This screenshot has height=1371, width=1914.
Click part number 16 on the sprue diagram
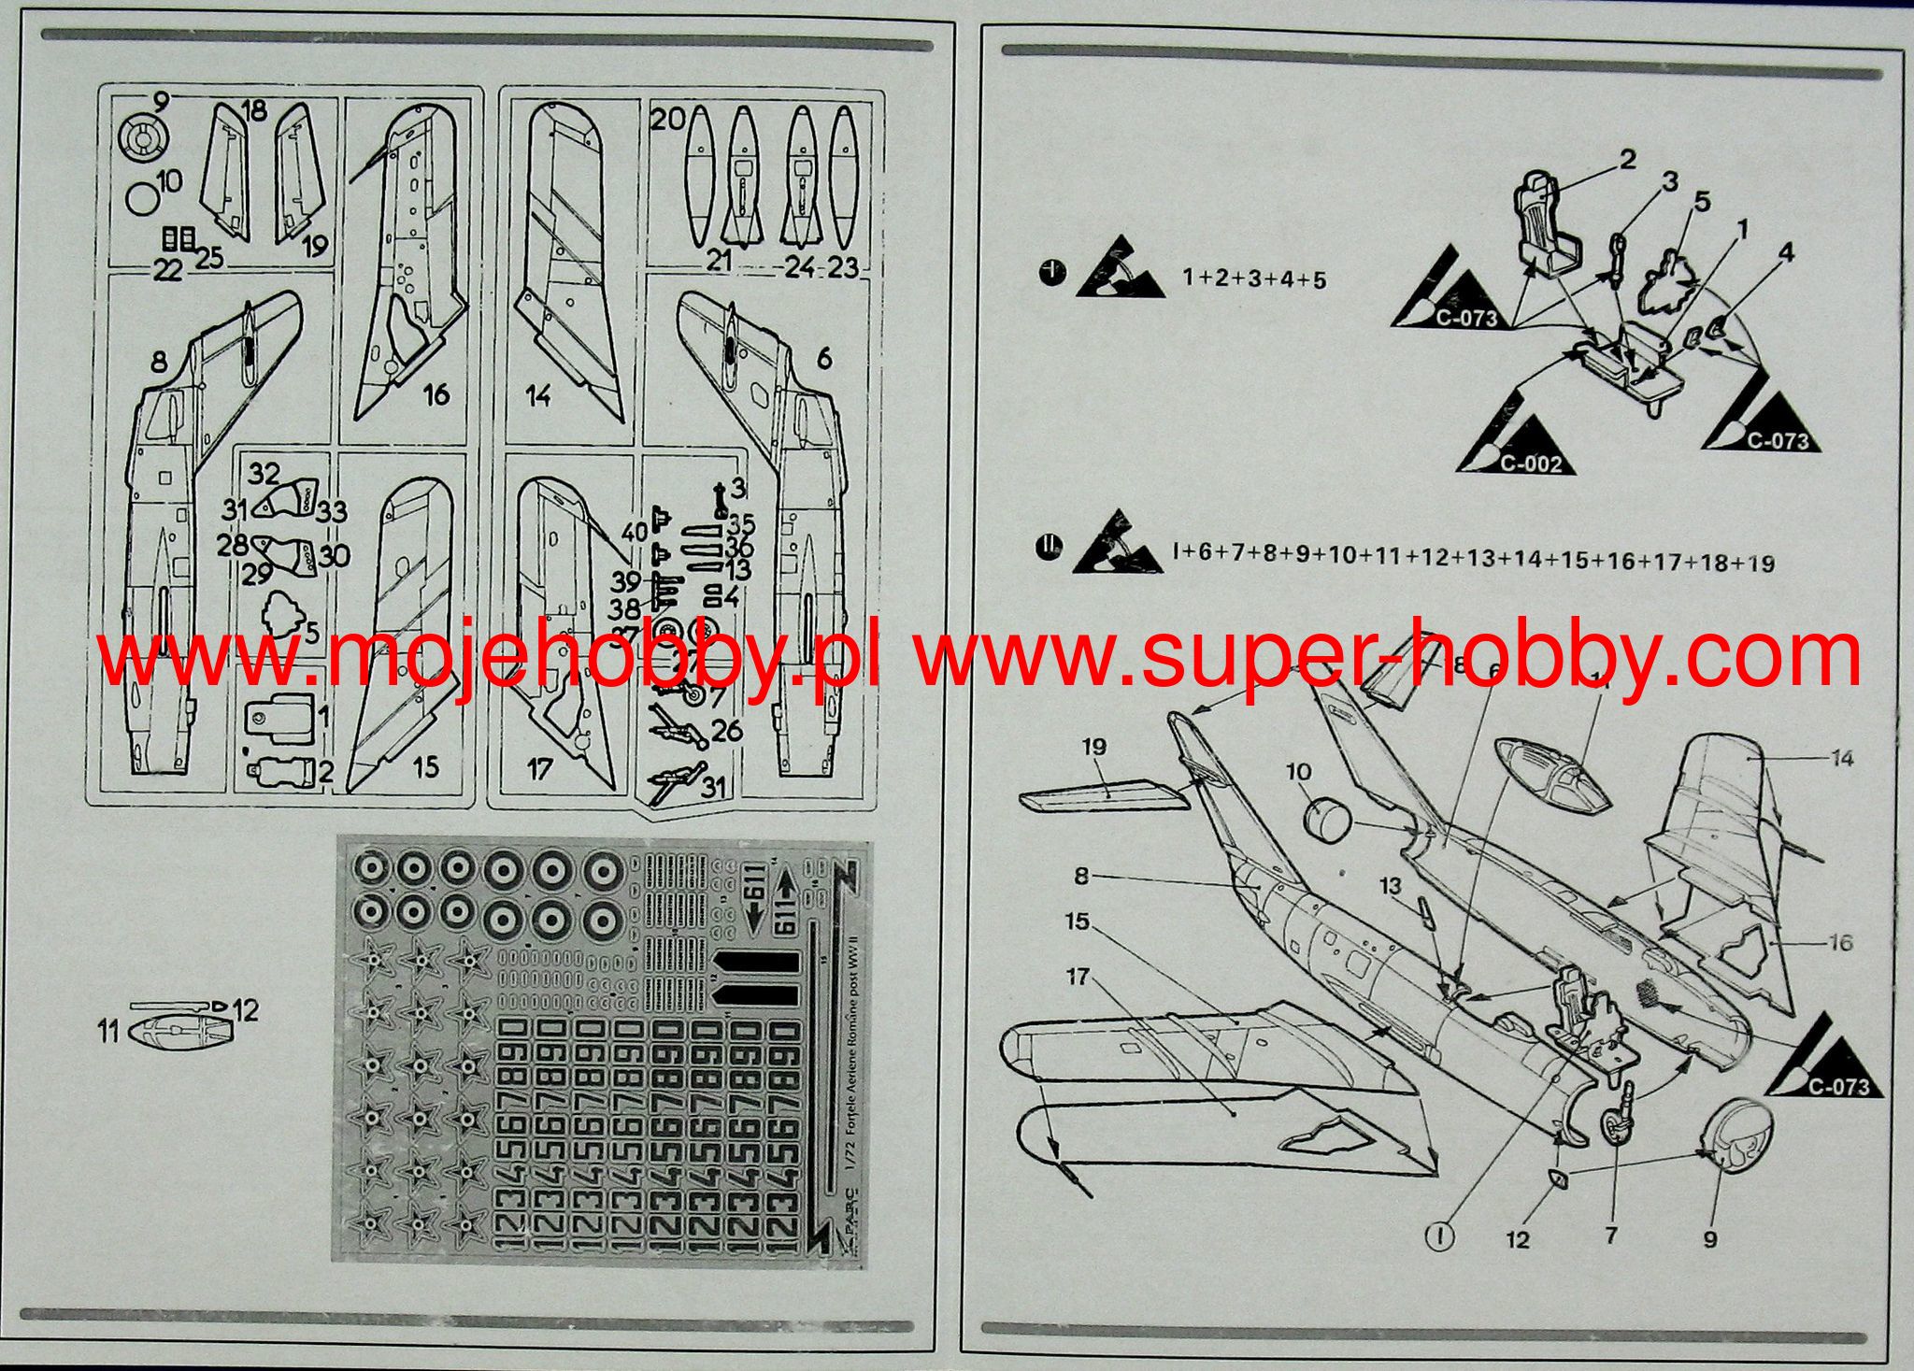[x=436, y=394]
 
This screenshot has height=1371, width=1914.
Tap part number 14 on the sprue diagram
[x=537, y=396]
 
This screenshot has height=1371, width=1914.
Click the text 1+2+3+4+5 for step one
[x=1253, y=278]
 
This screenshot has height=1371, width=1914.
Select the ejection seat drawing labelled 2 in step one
[x=1546, y=224]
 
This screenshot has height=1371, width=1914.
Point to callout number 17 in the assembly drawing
[x=1078, y=977]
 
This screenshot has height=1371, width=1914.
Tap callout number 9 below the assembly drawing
[x=1709, y=1239]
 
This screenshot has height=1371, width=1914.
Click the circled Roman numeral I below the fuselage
[x=1441, y=1236]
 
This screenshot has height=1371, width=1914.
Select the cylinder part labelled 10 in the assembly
[x=1325, y=822]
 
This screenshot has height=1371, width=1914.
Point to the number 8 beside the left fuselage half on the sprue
[x=158, y=362]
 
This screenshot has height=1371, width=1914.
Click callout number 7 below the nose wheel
[x=1610, y=1235]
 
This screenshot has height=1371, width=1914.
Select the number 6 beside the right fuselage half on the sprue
[x=823, y=358]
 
